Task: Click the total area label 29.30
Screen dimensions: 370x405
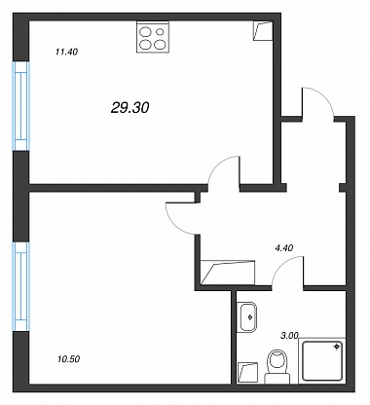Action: click(129, 107)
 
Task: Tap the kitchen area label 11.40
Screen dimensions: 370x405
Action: click(66, 52)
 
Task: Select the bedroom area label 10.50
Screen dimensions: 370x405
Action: click(68, 359)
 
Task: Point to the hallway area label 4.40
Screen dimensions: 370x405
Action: click(284, 248)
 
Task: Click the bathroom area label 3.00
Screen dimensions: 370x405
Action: click(289, 336)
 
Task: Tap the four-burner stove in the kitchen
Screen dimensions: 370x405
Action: click(153, 37)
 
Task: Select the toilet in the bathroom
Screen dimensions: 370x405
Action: click(277, 367)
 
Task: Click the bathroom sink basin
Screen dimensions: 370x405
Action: click(247, 317)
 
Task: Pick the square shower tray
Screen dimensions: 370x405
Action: click(321, 360)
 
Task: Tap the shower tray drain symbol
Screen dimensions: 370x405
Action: click(337, 347)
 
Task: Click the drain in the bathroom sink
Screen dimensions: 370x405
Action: click(250, 317)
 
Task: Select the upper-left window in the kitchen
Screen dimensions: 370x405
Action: click(21, 106)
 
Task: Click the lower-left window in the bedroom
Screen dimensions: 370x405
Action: click(21, 286)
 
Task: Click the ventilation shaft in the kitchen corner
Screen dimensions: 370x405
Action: click(262, 31)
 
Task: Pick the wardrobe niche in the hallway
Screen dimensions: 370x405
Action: click(228, 273)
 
